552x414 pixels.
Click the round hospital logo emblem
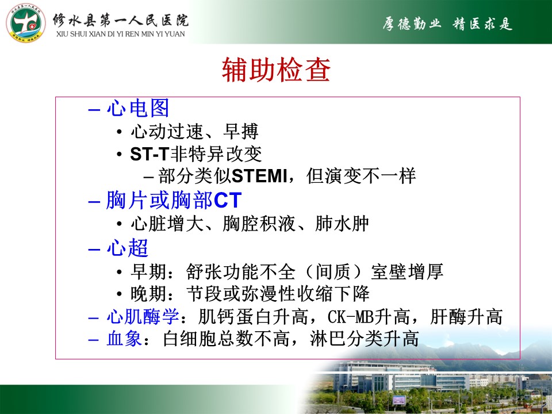coord(26,23)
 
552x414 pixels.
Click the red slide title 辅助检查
coord(276,70)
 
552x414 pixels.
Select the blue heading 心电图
coord(138,108)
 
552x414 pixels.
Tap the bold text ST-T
coord(149,154)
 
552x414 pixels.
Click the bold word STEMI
coord(259,176)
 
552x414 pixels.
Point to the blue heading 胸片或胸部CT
coord(174,200)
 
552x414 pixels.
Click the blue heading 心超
coord(128,248)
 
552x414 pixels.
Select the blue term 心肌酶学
coord(143,316)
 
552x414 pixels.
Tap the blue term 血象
coord(124,339)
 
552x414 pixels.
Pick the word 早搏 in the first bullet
coord(241,131)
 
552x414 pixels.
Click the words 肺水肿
coord(342,224)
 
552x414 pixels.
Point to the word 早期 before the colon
coord(148,271)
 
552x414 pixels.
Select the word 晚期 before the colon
coord(148,294)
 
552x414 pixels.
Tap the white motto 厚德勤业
coord(412,24)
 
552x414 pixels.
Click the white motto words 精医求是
coord(482,24)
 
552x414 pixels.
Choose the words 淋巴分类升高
coord(364,339)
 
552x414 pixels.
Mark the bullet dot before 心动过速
coord(120,132)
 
